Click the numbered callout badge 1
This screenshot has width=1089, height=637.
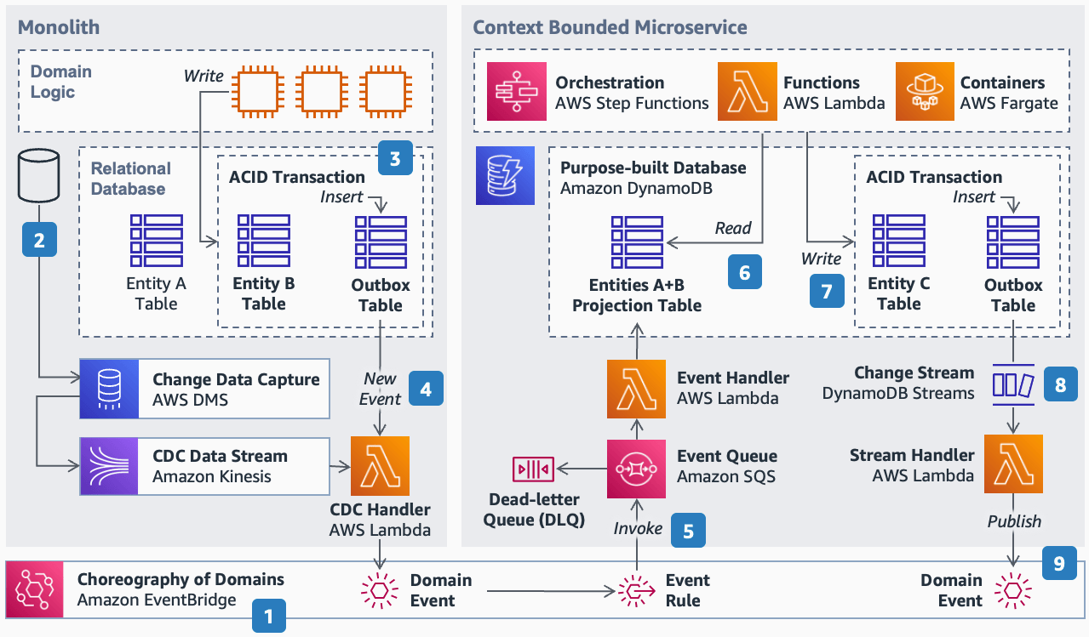pos(269,616)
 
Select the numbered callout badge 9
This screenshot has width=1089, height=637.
pos(1058,562)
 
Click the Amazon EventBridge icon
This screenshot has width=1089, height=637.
pos(35,589)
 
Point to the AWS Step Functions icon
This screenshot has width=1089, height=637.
pos(516,92)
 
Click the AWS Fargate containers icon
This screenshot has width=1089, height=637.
pos(924,92)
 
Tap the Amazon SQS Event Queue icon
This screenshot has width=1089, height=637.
pos(636,468)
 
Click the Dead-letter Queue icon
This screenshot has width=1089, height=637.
pos(533,469)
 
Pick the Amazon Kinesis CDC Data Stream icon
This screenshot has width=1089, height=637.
pos(108,466)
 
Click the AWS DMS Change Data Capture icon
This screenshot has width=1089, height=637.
pos(108,389)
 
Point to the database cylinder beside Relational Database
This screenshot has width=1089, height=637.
pos(38,174)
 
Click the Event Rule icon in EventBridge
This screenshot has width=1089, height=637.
pos(636,589)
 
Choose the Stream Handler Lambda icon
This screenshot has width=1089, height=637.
pos(1012,464)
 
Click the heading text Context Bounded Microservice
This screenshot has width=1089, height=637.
pos(610,26)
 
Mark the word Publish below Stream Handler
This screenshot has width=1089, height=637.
pos(1014,520)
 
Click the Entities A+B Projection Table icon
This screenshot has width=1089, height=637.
pos(637,242)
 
